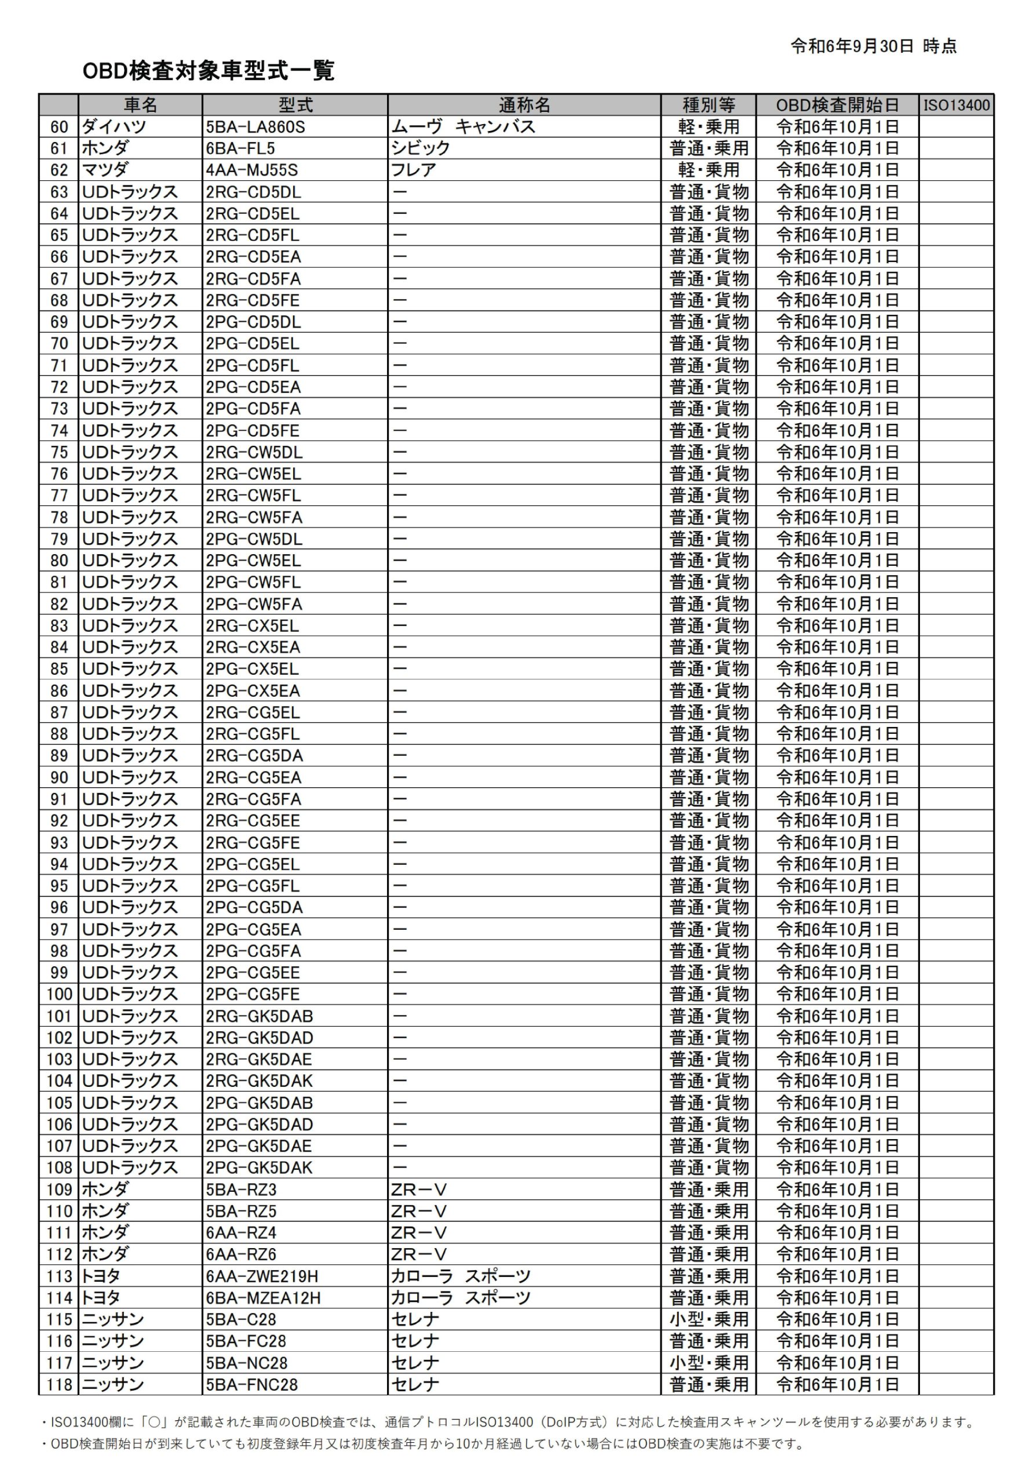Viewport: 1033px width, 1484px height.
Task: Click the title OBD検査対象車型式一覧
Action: (208, 71)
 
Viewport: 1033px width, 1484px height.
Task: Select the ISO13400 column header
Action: (955, 105)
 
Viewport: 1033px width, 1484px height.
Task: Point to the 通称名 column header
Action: (524, 105)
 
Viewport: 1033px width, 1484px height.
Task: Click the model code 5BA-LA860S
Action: (255, 127)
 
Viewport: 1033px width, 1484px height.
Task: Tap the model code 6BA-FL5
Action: (240, 148)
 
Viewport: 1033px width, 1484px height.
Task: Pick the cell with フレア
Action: (414, 170)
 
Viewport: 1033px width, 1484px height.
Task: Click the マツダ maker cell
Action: (105, 170)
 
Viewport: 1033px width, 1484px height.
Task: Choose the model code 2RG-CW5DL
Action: (254, 452)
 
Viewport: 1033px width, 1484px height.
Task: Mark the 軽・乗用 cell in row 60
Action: (709, 127)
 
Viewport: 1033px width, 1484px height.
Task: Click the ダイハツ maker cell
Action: (114, 127)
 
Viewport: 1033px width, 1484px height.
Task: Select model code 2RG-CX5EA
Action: (253, 647)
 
